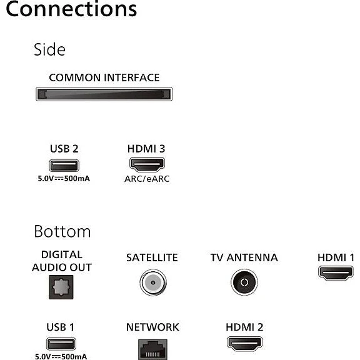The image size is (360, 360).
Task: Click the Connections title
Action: pyautogui.click(x=71, y=9)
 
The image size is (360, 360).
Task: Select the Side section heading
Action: pyautogui.click(x=49, y=49)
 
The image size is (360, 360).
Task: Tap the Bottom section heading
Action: pyautogui.click(x=62, y=231)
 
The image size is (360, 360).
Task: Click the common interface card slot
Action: pyautogui.click(x=104, y=94)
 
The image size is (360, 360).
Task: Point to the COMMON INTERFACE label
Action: pyautogui.click(x=104, y=77)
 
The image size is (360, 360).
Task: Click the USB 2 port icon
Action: pyautogui.click(x=64, y=165)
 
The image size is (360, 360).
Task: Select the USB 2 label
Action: pyautogui.click(x=64, y=149)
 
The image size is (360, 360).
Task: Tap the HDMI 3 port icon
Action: pyautogui.click(x=147, y=164)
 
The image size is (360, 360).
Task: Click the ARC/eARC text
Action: pyautogui.click(x=147, y=179)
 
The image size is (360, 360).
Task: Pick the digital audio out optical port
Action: pyautogui.click(x=61, y=287)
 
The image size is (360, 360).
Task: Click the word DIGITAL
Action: pyautogui.click(x=62, y=254)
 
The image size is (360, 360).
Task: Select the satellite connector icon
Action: pyautogui.click(x=153, y=282)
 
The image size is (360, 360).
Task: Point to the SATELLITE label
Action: pyautogui.click(x=152, y=257)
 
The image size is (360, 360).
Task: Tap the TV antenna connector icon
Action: pyautogui.click(x=244, y=282)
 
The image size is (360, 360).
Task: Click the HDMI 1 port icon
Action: pyautogui.click(x=336, y=273)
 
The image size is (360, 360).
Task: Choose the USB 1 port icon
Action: pyautogui.click(x=61, y=344)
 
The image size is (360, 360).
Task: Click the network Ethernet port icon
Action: pyautogui.click(x=152, y=349)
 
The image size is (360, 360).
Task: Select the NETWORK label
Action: pyautogui.click(x=152, y=327)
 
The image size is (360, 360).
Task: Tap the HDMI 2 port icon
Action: pyautogui.click(x=244, y=344)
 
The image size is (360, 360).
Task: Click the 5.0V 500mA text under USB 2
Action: pyautogui.click(x=64, y=179)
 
